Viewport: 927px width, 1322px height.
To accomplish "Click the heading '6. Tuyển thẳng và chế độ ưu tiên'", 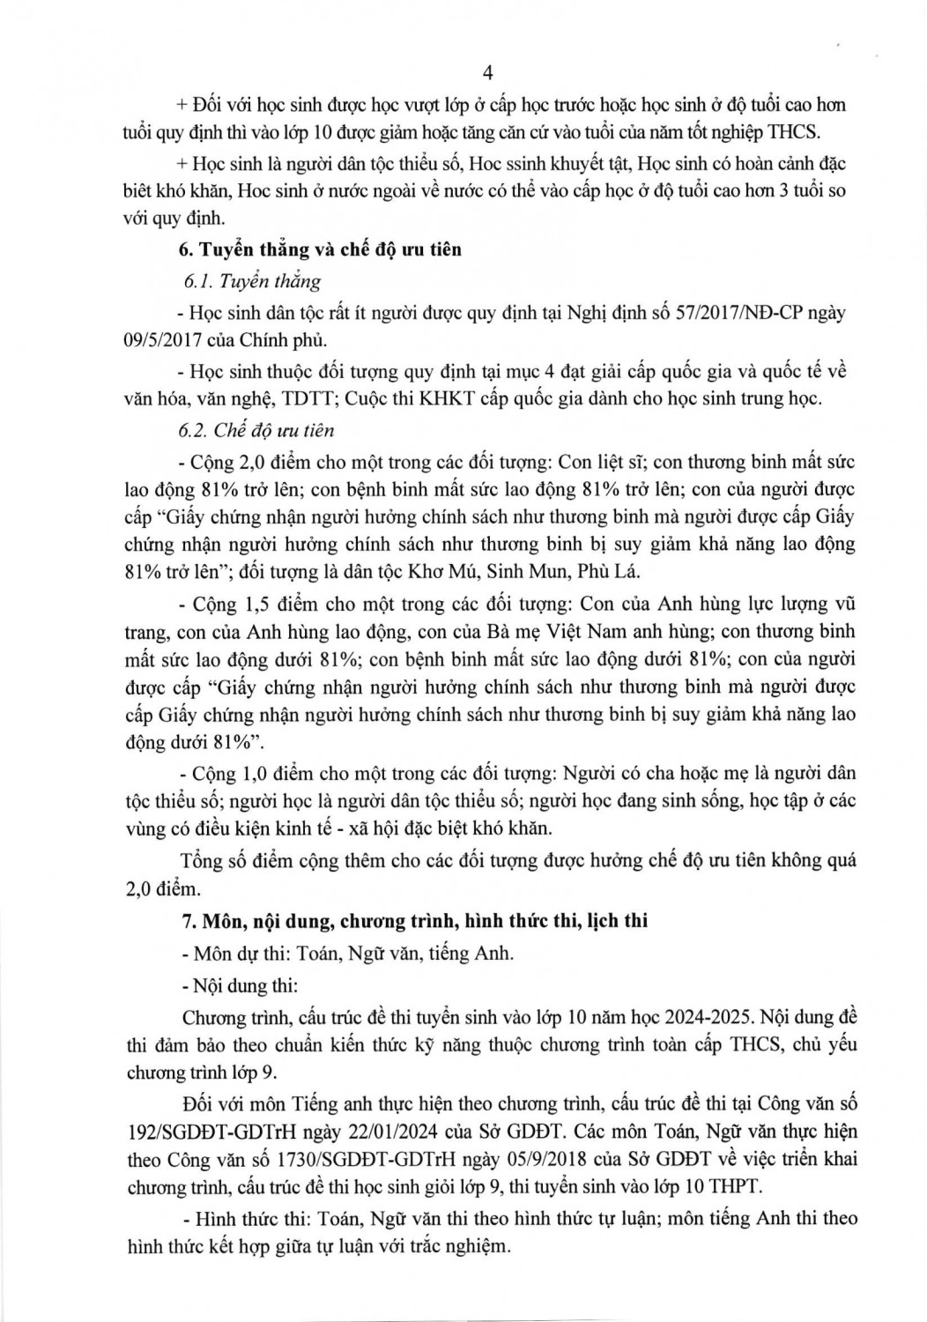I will coord(320,249).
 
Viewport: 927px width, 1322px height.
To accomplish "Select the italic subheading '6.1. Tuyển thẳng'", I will coord(251,282).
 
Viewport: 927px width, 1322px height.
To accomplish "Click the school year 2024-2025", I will coord(701,1015).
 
